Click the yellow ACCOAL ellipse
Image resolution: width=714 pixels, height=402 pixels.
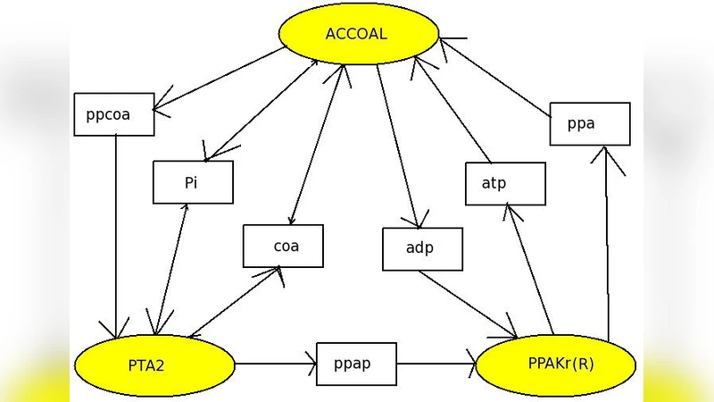pos(358,35)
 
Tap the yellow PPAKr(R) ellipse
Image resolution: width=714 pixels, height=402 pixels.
pos(555,364)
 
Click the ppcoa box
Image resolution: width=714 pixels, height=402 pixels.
pos(114,114)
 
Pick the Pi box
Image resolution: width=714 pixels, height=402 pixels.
pos(193,182)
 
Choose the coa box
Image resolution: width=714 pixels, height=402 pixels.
pos(283,246)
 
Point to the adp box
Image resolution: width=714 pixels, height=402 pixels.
pos(422,248)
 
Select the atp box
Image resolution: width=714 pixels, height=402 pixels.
pos(505,183)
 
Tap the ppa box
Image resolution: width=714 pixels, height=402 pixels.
pos(589,124)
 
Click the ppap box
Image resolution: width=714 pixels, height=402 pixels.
pos(356,364)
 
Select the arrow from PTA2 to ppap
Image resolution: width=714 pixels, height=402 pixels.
pos(276,364)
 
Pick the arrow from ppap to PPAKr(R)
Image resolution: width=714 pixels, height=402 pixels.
pos(436,364)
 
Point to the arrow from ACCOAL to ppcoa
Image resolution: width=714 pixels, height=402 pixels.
pos(223,80)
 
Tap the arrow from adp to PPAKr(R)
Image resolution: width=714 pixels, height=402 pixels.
pos(469,305)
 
